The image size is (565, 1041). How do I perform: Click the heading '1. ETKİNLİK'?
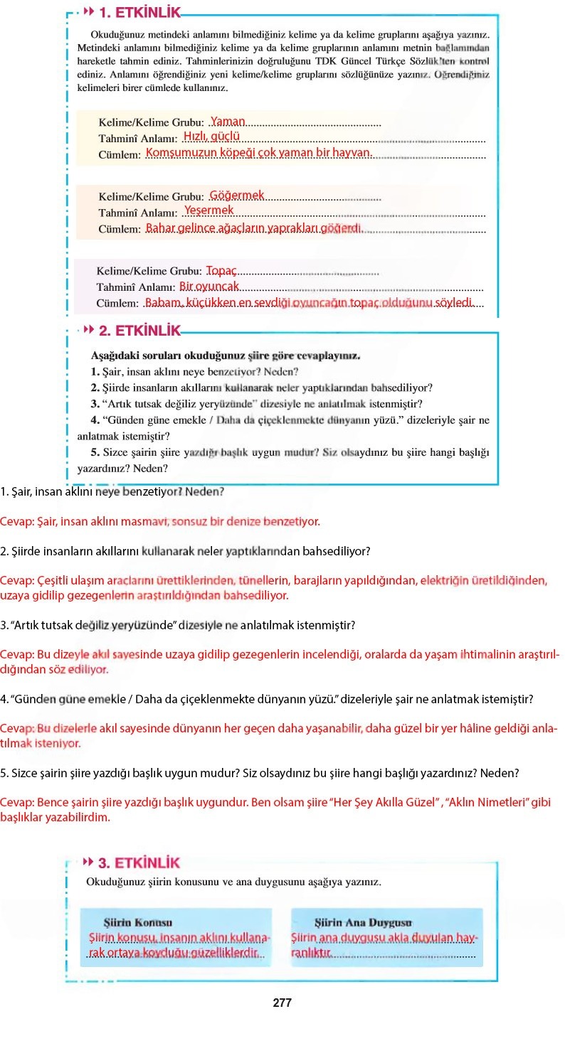[x=139, y=12]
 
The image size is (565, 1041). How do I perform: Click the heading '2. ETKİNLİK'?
[x=139, y=331]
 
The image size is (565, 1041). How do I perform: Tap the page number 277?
[x=282, y=1003]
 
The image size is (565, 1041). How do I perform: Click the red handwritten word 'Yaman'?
[x=228, y=122]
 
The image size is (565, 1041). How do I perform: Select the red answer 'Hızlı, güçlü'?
[x=211, y=137]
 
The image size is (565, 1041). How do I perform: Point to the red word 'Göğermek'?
[x=237, y=195]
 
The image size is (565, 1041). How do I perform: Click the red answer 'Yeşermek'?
[x=208, y=210]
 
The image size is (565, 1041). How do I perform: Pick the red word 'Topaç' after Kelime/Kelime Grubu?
[x=221, y=270]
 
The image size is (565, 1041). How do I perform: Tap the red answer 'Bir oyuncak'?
[x=209, y=286]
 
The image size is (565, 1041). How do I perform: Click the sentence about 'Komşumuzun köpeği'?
[x=258, y=153]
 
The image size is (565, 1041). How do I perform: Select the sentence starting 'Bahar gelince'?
[x=254, y=228]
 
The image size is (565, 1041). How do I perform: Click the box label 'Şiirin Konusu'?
[x=137, y=922]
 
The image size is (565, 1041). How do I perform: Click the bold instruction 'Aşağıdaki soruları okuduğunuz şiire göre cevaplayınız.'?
[x=226, y=354]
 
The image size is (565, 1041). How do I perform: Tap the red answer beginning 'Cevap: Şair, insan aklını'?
[x=160, y=521]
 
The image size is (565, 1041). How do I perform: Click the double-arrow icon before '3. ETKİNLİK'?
[x=88, y=863]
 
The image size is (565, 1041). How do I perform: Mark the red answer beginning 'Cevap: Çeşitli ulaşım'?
[x=274, y=587]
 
